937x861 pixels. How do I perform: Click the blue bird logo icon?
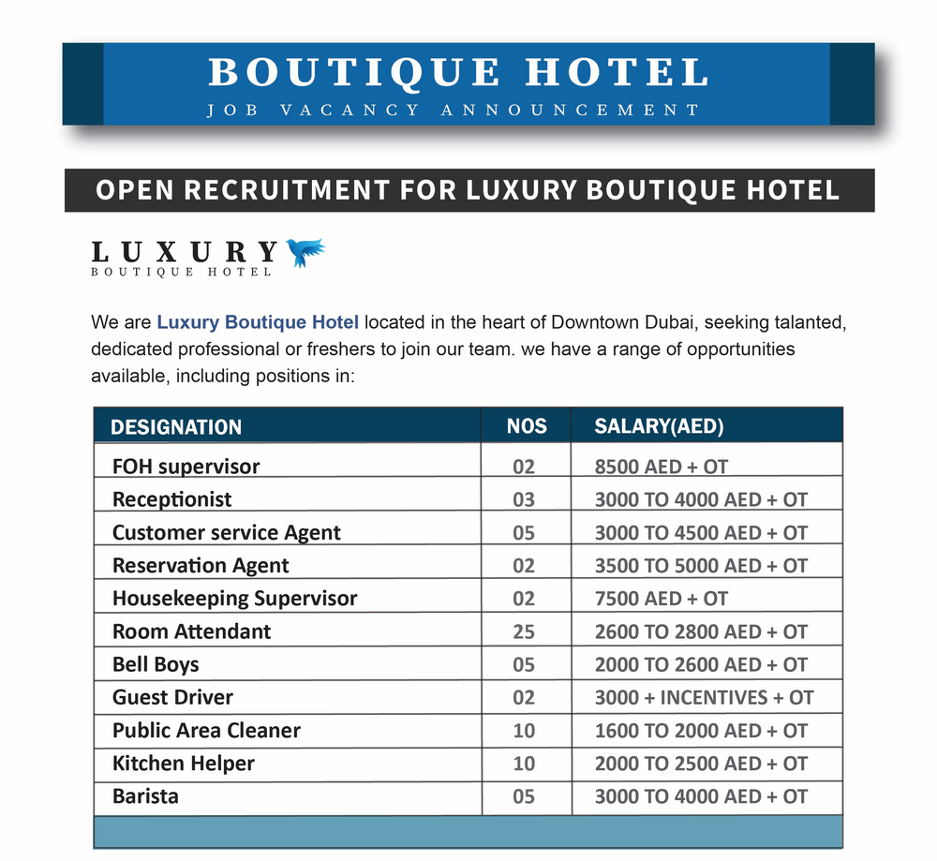point(305,252)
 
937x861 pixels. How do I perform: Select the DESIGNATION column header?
point(176,427)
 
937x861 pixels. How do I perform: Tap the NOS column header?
point(526,426)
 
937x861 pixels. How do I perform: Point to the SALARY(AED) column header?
point(659,426)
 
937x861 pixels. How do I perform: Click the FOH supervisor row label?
point(186,467)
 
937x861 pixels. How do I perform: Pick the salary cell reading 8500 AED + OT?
point(661,467)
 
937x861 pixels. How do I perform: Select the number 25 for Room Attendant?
point(524,631)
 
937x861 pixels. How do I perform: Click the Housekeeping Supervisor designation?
point(234,599)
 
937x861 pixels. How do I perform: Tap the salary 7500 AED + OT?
point(661,599)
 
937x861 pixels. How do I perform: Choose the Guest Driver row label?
point(172,697)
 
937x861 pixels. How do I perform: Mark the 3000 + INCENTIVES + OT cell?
point(704,697)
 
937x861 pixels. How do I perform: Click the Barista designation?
point(145,796)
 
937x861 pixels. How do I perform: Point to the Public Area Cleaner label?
point(206,731)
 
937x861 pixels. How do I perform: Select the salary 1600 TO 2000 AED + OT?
point(701,731)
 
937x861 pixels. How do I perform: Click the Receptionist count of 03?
point(524,499)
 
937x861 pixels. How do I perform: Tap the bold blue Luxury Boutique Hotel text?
point(258,323)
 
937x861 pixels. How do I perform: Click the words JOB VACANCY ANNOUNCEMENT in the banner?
point(454,111)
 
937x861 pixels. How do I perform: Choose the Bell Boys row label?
point(156,664)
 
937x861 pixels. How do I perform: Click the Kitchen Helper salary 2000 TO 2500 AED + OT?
point(701,764)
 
